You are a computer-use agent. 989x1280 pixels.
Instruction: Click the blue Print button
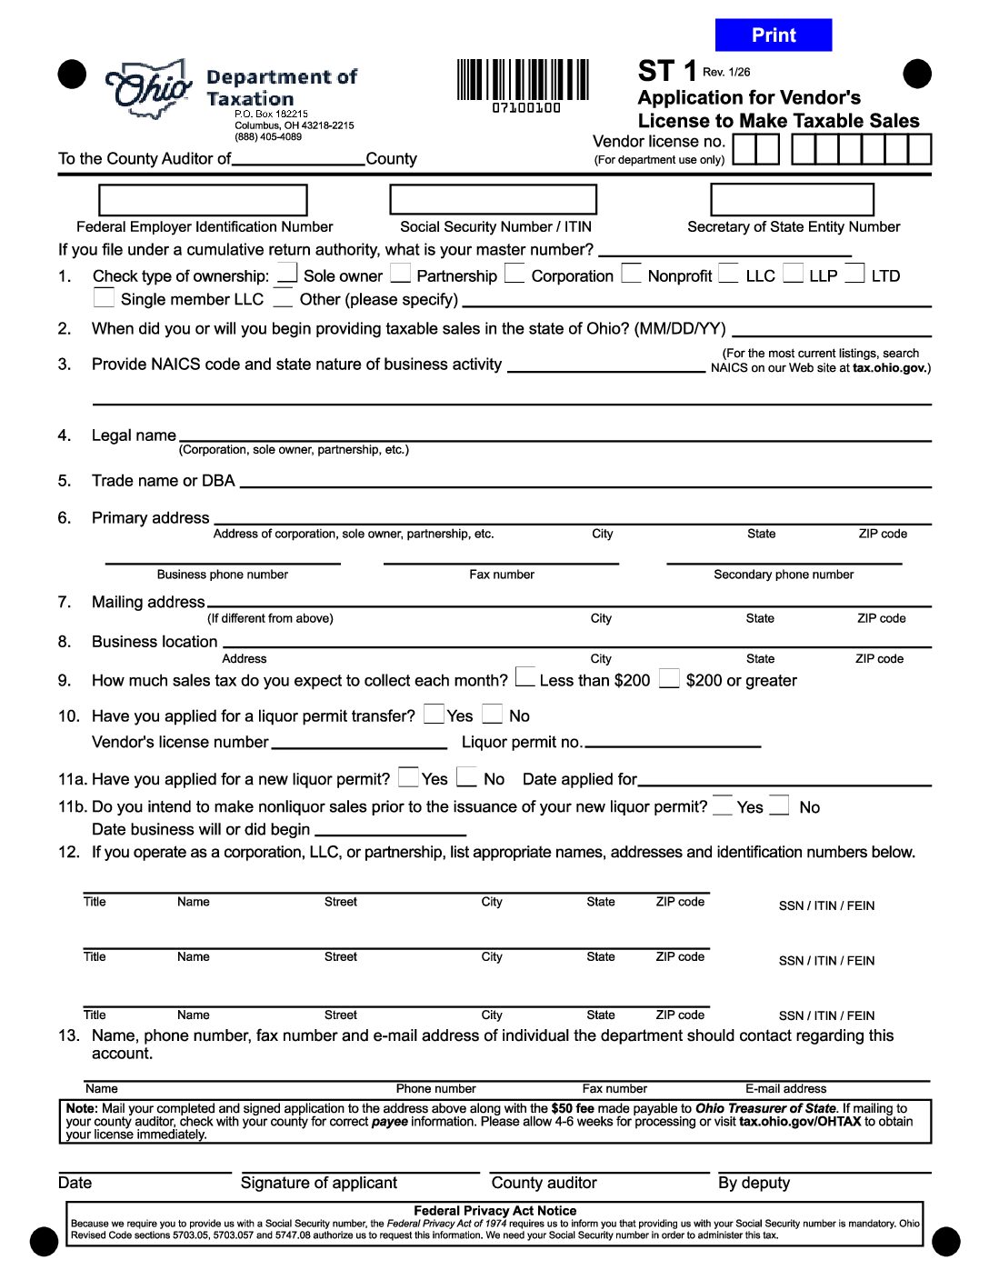(x=773, y=35)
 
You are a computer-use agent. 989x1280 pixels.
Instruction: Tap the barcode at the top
(x=523, y=82)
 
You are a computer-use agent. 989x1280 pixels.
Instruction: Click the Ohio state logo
(x=150, y=88)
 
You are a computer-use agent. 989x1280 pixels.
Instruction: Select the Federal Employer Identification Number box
(x=203, y=200)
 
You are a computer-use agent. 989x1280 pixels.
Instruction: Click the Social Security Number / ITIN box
(x=493, y=200)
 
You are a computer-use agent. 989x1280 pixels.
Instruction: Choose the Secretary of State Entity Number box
(x=792, y=200)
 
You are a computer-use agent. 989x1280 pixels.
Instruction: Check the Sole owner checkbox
(x=287, y=274)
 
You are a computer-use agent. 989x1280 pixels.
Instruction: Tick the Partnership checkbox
(x=400, y=274)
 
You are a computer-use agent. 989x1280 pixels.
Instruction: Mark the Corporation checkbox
(x=514, y=274)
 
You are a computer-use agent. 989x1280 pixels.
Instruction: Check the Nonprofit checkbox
(x=631, y=274)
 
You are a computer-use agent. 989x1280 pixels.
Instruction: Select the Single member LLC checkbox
(x=104, y=297)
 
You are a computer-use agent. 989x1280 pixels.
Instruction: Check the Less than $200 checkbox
(x=524, y=677)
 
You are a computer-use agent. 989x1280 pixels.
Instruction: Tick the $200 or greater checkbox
(x=669, y=678)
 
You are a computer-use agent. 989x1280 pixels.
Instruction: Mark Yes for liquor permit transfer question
(x=435, y=714)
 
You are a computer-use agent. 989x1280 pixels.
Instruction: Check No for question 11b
(x=779, y=805)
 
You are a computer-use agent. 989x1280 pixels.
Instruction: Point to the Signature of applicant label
(x=319, y=1183)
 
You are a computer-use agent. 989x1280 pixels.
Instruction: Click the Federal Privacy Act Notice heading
(x=494, y=1211)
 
